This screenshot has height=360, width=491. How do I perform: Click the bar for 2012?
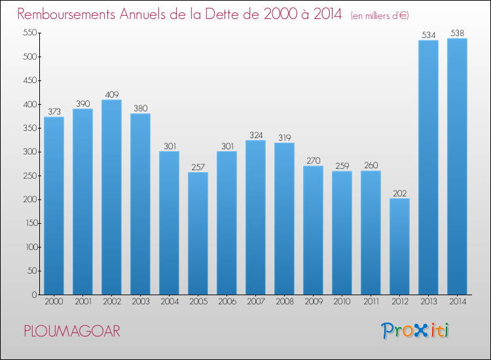(399, 246)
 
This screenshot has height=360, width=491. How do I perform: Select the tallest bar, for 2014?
(457, 166)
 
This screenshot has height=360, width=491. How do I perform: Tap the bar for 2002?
(111, 197)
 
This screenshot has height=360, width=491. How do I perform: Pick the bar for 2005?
(198, 233)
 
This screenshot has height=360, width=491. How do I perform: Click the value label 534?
(428, 35)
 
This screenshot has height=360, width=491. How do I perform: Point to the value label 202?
(399, 194)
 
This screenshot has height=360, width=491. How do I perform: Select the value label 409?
(112, 94)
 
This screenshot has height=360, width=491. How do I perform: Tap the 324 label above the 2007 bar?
(256, 135)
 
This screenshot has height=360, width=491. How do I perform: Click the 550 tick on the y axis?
(30, 33)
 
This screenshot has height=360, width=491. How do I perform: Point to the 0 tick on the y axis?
(35, 295)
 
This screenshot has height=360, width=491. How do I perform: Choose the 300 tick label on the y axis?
(30, 152)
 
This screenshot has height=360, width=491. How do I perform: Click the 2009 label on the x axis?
(314, 301)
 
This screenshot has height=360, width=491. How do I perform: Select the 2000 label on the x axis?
(54, 301)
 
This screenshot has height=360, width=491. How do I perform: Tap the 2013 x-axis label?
(428, 301)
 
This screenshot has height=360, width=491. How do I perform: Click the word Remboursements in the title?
(66, 14)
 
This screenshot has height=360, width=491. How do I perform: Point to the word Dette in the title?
(223, 14)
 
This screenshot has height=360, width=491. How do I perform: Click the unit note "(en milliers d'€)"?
(380, 15)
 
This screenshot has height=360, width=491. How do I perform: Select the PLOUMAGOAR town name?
(72, 331)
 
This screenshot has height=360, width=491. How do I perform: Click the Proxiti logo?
(415, 331)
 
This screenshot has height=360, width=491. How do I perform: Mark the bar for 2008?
(284, 219)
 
